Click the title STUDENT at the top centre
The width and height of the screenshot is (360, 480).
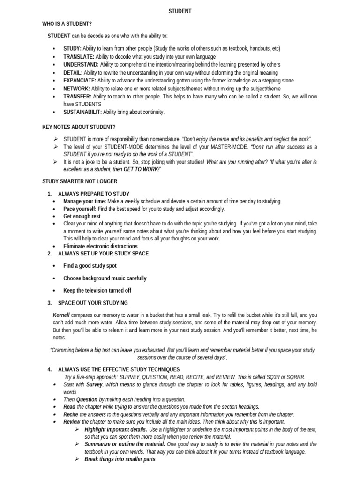(x=180, y=11)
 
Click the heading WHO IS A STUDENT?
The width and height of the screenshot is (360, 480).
(x=67, y=23)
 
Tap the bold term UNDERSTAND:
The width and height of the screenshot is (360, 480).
(x=81, y=64)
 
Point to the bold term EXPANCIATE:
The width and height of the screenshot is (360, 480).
(x=80, y=80)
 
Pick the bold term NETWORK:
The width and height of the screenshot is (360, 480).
(x=77, y=88)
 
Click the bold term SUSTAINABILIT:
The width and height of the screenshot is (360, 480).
(x=82, y=112)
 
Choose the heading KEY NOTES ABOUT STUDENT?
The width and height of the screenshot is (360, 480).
(x=79, y=127)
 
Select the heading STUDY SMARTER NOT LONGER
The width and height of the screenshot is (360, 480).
(x=80, y=181)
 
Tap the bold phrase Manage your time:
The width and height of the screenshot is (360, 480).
(x=85, y=201)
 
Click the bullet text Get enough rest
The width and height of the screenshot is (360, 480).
(x=82, y=216)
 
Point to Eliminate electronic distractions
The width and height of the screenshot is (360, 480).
(x=101, y=246)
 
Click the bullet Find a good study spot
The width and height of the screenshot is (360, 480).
(x=90, y=266)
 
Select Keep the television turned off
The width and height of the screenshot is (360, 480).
(x=97, y=290)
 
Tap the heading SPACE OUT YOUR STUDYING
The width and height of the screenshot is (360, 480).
(x=93, y=303)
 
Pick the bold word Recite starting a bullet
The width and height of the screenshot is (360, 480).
(x=71, y=414)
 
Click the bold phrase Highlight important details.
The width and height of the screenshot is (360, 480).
(x=116, y=429)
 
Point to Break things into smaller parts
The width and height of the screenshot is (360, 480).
(x=120, y=459)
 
